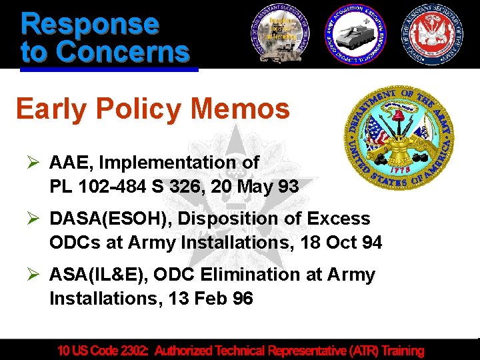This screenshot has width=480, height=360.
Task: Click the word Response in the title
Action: click(90, 23)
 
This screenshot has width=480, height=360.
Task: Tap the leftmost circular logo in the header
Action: click(281, 33)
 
